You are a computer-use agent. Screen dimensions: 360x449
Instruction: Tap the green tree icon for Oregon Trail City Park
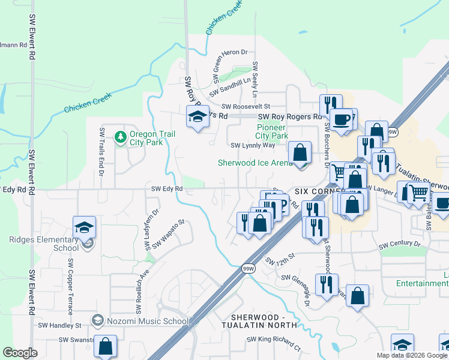pos(121,138)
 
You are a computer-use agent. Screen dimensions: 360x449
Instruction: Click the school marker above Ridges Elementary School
pos(85,227)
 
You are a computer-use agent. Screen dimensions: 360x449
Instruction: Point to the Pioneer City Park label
pos(272,131)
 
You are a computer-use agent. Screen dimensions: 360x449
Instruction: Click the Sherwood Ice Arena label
pos(255,163)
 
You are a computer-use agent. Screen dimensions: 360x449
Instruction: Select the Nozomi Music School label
pos(148,321)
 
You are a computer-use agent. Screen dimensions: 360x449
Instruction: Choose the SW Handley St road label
pos(59,325)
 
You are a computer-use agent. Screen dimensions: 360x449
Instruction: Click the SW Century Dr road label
pos(400,244)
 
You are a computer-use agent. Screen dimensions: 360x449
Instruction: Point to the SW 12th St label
pos(280,259)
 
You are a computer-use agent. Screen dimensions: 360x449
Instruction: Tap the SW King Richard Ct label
pos(273,342)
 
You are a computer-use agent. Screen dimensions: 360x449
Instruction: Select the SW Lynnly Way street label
pos(253,145)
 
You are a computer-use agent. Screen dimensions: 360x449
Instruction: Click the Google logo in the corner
pos(20,353)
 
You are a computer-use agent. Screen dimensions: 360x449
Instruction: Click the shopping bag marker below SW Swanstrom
pos(105,346)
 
